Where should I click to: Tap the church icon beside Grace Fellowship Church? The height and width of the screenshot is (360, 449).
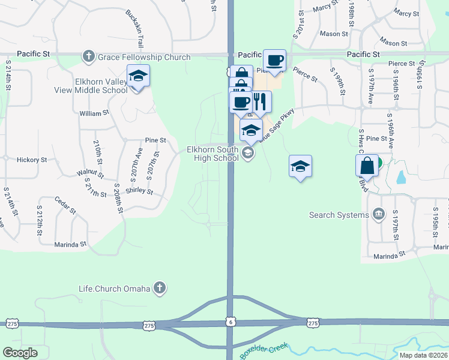[x=88, y=56]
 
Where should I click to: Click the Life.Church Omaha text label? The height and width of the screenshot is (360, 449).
[x=114, y=289]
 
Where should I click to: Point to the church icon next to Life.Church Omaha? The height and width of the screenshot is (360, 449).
[x=159, y=289]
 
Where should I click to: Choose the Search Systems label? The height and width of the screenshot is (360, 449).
[x=339, y=215]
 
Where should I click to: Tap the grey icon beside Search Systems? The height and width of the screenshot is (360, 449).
[x=378, y=214]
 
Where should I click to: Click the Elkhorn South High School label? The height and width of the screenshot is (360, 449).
[x=212, y=154]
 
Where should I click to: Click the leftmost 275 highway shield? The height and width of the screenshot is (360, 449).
[x=13, y=324]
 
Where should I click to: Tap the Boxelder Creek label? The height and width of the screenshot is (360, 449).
[x=264, y=350]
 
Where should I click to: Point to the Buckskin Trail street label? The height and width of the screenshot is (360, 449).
[x=136, y=29]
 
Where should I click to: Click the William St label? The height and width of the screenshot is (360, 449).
[x=94, y=112]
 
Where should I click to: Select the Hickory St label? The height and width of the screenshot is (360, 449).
[x=32, y=160]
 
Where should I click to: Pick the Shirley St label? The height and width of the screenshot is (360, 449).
[x=139, y=192]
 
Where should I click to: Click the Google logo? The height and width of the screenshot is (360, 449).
[x=20, y=353]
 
